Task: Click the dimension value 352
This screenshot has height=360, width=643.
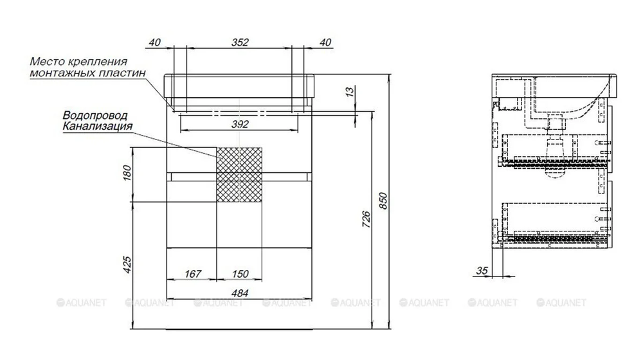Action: tap(240, 42)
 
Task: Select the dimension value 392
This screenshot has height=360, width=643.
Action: tap(240, 124)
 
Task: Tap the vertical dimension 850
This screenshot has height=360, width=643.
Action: tap(383, 201)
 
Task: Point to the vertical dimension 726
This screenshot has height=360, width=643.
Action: tap(367, 219)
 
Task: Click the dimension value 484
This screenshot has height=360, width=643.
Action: tap(240, 293)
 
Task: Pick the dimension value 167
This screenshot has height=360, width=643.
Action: tap(193, 273)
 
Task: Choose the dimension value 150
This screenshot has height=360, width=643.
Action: tap(240, 273)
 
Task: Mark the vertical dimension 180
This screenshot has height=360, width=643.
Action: tap(127, 173)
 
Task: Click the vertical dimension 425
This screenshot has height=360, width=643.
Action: tap(127, 265)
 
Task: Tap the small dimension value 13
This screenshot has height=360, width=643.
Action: tap(350, 91)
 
